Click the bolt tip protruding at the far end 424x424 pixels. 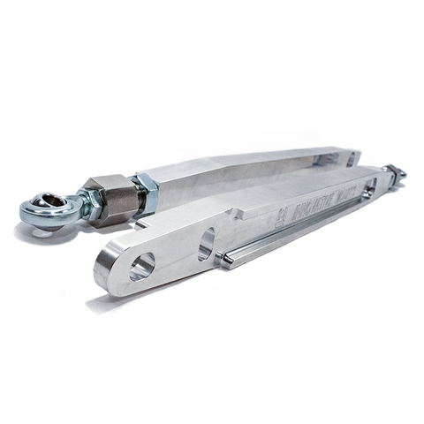click(398, 174)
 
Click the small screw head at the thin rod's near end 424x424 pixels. click(224, 258)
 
